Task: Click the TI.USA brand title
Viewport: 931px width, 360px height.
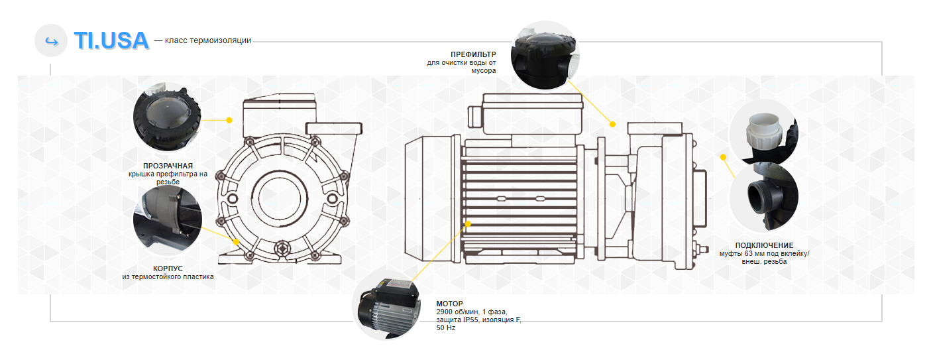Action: coord(111,40)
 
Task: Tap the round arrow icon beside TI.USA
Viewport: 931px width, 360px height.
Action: coord(51,40)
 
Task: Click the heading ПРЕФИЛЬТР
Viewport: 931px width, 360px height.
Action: coord(473,54)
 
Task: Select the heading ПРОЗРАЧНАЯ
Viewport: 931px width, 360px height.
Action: coord(168,165)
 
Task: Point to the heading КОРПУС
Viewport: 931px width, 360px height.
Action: coord(168,268)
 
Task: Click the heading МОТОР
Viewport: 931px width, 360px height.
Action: coord(449,304)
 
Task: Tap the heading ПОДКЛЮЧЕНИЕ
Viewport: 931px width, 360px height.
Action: coord(764,245)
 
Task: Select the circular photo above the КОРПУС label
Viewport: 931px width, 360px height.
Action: coord(166,220)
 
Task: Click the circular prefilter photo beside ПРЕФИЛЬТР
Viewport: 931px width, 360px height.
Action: coord(546,55)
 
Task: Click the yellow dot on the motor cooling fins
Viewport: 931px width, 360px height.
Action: coord(468,224)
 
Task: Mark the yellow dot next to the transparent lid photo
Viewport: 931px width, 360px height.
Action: coord(229,121)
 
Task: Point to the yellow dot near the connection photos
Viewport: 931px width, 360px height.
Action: coord(723,157)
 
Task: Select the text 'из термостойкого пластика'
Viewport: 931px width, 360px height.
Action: coord(168,277)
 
